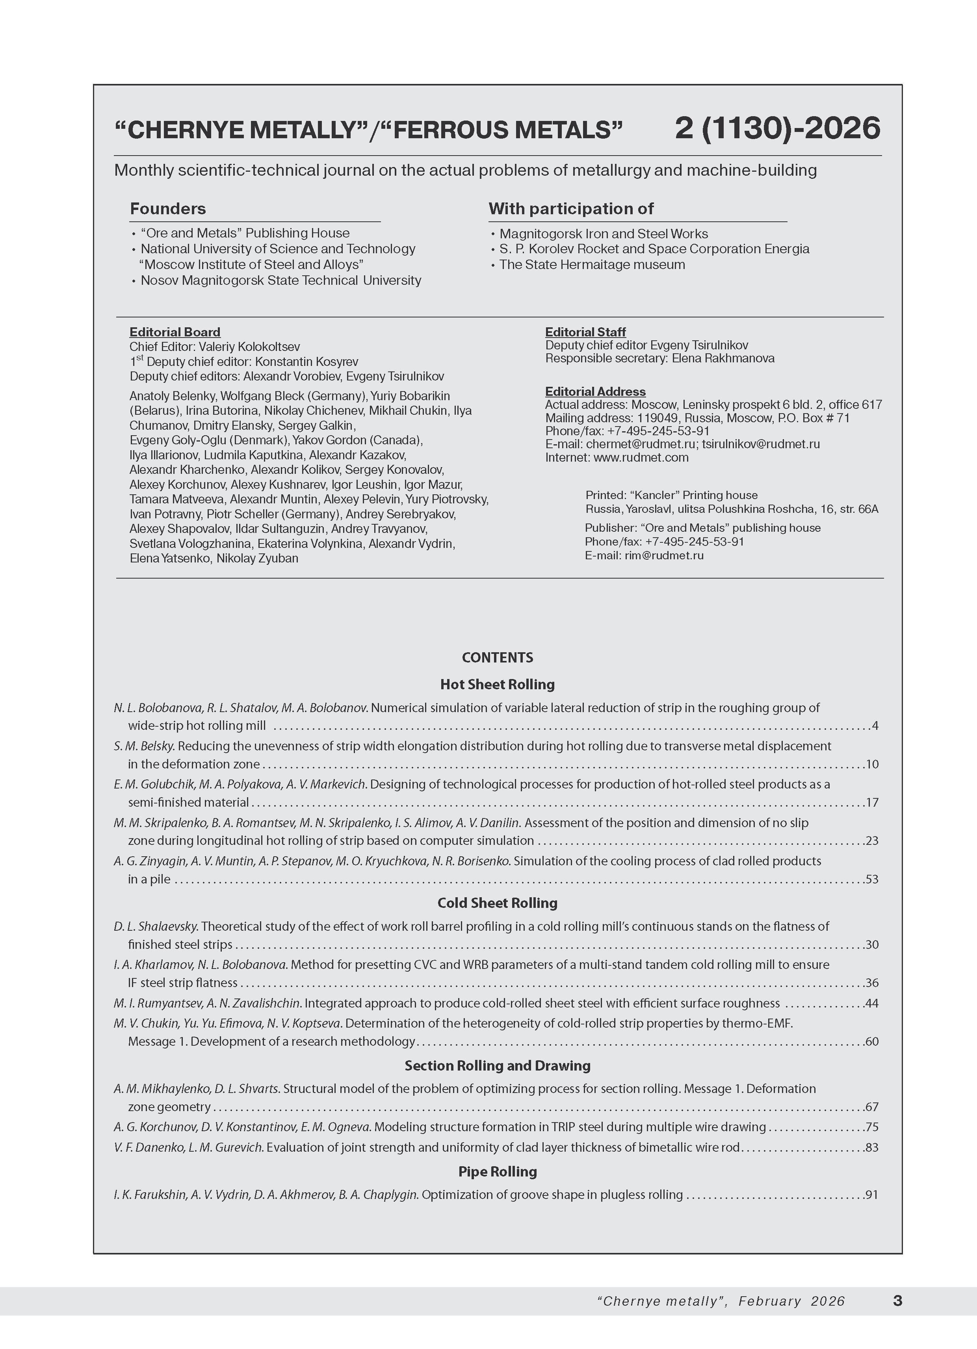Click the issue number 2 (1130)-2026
coord(777,128)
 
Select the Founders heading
coord(168,209)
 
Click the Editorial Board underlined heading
coord(175,332)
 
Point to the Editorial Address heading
coord(595,392)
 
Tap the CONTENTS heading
coord(498,657)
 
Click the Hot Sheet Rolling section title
coord(498,684)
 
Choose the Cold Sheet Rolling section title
coord(498,902)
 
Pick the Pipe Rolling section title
coord(498,1171)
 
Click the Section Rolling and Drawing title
coord(498,1065)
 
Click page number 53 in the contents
coord(872,879)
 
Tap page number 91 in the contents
coord(872,1194)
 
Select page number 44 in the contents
coord(872,1004)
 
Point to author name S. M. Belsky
coord(144,746)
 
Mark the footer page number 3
coord(898,1301)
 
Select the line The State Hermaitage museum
coord(592,265)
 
